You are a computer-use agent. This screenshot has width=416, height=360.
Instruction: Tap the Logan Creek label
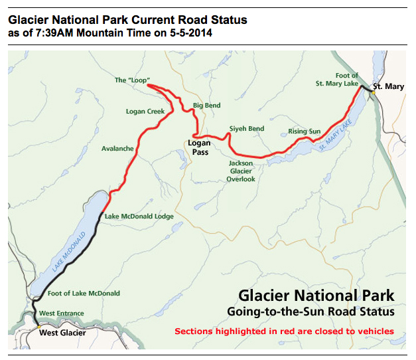(145, 112)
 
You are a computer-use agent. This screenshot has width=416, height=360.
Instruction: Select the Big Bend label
(206, 106)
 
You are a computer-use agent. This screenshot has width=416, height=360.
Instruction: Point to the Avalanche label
(117, 148)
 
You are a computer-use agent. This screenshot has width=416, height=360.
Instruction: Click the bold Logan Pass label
(199, 147)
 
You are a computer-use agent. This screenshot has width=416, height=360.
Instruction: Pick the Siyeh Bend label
(247, 128)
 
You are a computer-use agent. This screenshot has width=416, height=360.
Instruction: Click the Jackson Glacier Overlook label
(241, 171)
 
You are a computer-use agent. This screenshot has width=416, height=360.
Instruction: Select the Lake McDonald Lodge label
(139, 217)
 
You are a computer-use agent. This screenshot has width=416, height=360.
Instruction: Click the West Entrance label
(62, 314)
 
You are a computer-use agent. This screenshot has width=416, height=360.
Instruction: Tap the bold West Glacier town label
(62, 333)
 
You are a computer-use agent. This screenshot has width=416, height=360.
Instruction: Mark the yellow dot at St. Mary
(374, 92)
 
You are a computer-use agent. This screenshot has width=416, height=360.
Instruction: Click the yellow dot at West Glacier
(39, 328)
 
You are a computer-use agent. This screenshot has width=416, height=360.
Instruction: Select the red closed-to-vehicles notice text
(284, 331)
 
